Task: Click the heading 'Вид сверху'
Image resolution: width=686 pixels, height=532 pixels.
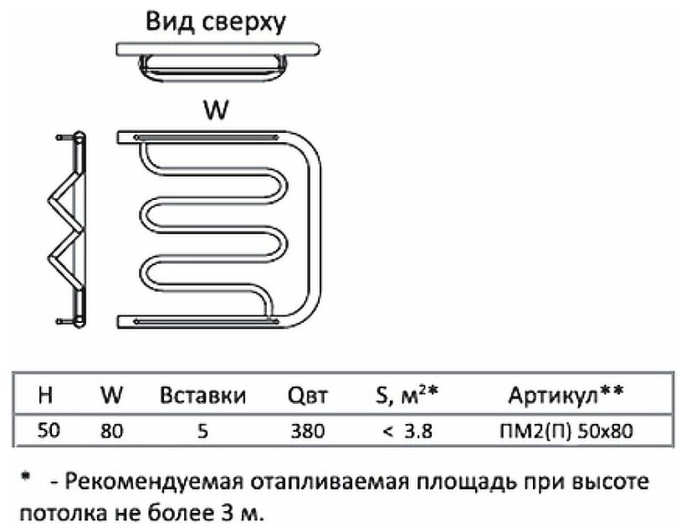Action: tap(216, 21)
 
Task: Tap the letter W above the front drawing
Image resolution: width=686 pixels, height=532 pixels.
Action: tap(216, 111)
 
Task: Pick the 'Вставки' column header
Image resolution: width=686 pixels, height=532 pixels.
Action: tap(202, 395)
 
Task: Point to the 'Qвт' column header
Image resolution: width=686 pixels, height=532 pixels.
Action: tap(305, 395)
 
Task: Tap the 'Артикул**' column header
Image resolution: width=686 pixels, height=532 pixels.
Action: tap(566, 394)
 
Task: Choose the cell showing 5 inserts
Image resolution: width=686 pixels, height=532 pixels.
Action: tap(202, 432)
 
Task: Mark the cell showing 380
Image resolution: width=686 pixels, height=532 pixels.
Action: tap(305, 432)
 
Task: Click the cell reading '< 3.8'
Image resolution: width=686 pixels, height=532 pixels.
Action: tap(407, 432)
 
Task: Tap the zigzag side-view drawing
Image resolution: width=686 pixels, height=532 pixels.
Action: tap(66, 228)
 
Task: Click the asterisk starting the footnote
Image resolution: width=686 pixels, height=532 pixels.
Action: tap(27, 478)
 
